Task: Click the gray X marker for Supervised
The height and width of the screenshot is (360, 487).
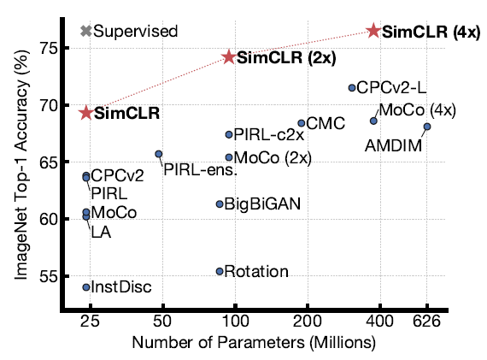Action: [x=85, y=32]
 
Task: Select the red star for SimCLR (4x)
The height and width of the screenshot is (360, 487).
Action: [x=373, y=31]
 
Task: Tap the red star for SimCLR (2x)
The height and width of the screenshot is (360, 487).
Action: [x=229, y=57]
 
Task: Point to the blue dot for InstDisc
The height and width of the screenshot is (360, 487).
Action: [x=86, y=287]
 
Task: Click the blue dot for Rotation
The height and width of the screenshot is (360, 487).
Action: [x=220, y=271]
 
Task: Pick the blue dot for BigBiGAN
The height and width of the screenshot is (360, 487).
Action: [x=220, y=204]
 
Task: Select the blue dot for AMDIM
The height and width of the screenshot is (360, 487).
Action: [x=427, y=127]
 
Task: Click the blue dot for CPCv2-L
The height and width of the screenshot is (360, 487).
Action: [x=351, y=87]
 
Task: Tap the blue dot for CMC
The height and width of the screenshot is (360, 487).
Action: [x=301, y=123]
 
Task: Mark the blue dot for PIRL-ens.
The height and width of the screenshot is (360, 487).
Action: [x=159, y=154]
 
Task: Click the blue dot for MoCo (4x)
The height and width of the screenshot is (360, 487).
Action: [x=373, y=121]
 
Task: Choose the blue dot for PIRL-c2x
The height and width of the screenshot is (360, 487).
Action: [x=229, y=134]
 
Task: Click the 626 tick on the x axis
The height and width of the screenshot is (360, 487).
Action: [x=427, y=321]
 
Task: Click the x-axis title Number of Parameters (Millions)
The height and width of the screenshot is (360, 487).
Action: [x=253, y=342]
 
